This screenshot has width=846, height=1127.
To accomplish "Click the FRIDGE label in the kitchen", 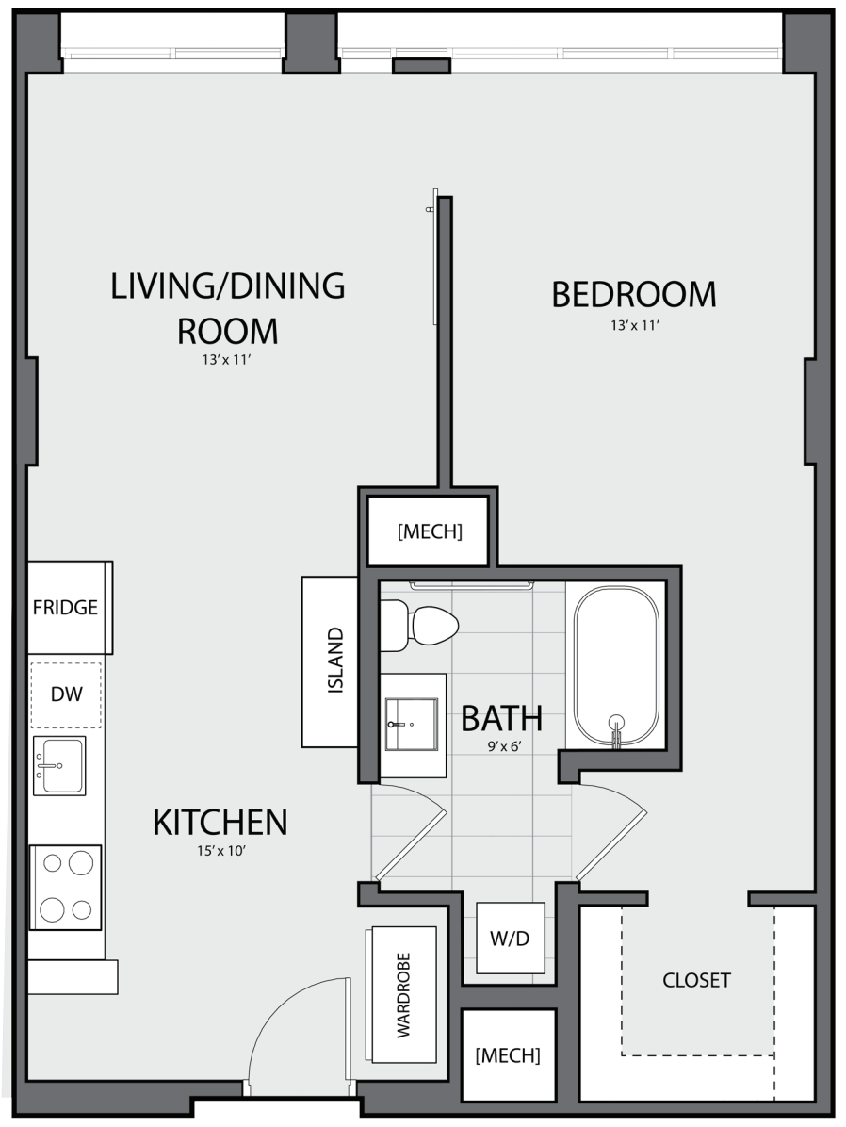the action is point(65,608).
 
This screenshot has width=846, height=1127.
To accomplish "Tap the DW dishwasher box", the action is point(66,694).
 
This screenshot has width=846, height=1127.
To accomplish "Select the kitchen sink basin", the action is point(59,765).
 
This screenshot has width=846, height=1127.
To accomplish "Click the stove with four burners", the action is point(65,887).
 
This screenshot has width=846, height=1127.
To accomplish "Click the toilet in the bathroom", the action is point(418,626).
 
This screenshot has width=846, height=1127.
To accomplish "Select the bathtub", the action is point(616,666).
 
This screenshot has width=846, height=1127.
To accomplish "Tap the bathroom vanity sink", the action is point(412,724).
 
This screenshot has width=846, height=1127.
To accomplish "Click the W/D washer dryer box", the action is point(511,938).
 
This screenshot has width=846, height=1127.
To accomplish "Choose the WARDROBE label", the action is point(403,995).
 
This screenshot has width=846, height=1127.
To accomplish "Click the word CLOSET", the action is point(696,980).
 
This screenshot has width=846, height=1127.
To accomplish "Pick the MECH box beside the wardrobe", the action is point(508,1055).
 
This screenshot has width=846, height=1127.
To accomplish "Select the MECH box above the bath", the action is point(429,531).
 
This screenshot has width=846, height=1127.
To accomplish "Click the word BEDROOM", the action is point(634,295).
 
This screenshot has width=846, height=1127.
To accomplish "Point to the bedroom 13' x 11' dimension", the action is point(635,326).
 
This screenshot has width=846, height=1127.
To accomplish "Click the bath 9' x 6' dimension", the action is point(504,747).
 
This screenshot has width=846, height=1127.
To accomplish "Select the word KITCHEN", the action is point(220,823).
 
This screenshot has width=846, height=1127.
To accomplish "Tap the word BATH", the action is point(502,718).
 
